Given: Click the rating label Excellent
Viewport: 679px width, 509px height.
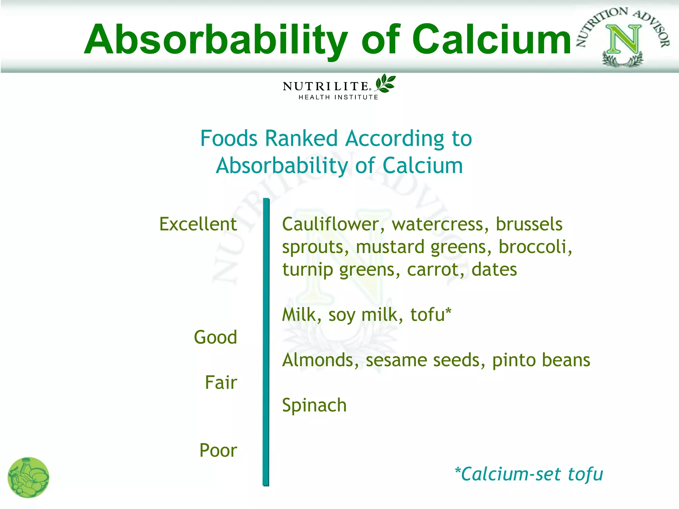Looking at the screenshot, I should (198, 224).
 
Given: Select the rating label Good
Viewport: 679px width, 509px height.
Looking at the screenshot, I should (216, 337).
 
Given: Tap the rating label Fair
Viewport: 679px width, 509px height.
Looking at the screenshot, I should (221, 382).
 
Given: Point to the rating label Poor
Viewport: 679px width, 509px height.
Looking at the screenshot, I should (218, 450).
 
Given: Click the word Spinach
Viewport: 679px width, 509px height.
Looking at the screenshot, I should (314, 406).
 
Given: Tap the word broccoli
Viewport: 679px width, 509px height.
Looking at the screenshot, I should (535, 247).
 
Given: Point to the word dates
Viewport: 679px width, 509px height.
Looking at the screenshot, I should (494, 269).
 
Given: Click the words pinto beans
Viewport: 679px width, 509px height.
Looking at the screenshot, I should (541, 360).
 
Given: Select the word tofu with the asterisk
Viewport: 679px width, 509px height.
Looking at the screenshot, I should (430, 314).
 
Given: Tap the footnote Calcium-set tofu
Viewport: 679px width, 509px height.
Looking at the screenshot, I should (529, 474).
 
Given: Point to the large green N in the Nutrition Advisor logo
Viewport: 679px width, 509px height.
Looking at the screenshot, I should (623, 39).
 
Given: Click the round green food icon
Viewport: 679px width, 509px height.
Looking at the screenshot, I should (29, 478).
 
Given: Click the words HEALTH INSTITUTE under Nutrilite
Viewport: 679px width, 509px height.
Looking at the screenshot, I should (338, 97).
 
